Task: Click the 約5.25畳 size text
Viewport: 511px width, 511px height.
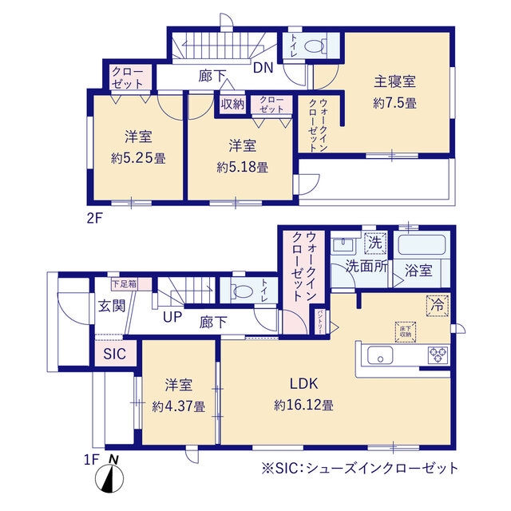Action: pyautogui.click(x=137, y=158)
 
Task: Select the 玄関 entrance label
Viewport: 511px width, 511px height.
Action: pyautogui.click(x=111, y=305)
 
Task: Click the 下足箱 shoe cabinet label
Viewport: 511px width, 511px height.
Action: pyautogui.click(x=123, y=283)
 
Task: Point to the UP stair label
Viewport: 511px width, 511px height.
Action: pyautogui.click(x=171, y=318)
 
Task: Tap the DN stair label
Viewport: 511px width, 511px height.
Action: pyautogui.click(x=263, y=69)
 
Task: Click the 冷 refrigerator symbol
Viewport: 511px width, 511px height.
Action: pyautogui.click(x=438, y=303)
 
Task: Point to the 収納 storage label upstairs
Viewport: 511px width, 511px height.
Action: pyautogui.click(x=233, y=103)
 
